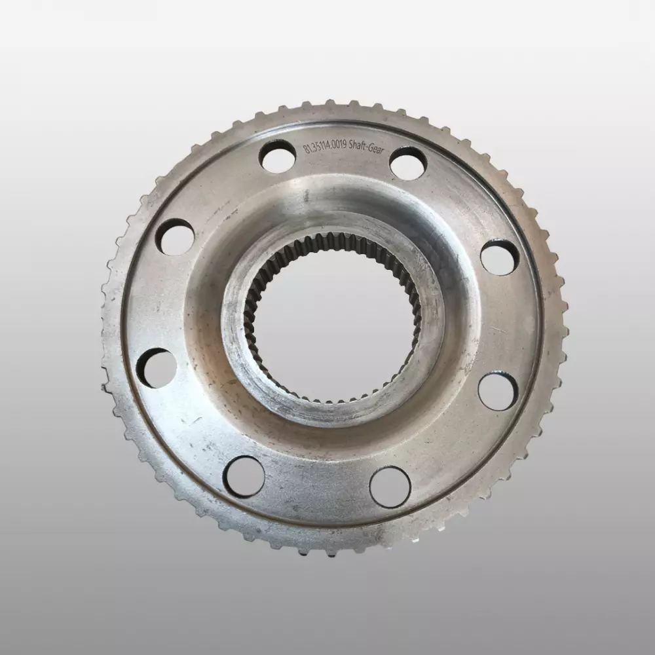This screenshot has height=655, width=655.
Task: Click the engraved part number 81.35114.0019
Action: [325, 147]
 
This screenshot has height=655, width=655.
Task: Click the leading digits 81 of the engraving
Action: [306, 149]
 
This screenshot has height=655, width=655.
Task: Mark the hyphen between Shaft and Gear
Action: [367, 149]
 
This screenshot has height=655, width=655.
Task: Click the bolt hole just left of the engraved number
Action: [277, 156]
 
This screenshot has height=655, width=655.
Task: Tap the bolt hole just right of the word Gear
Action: [407, 163]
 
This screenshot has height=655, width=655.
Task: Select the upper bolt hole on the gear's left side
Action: [175, 237]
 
